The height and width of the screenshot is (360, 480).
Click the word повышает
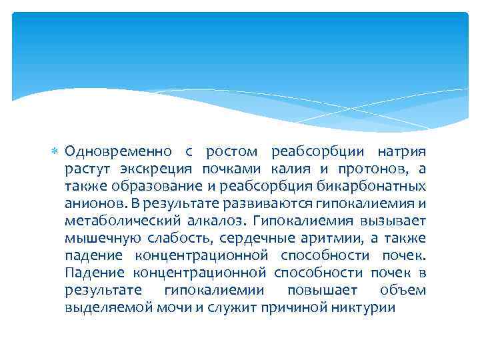[321, 290]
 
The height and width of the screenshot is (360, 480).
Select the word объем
[403, 290]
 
